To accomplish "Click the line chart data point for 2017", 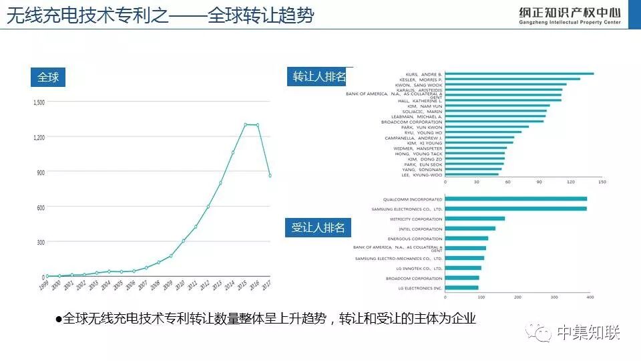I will pyautogui.click(x=270, y=176).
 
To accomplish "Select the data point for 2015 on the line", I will pyautogui.click(x=246, y=124).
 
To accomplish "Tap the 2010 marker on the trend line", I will pyautogui.click(x=184, y=241).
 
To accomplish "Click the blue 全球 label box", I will pyautogui.click(x=48, y=78).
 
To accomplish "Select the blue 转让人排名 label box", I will pyautogui.click(x=319, y=77).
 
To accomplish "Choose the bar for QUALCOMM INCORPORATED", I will pyautogui.click(x=515, y=199).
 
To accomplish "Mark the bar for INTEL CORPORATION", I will pyautogui.click(x=470, y=229).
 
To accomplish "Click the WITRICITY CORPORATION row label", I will pyautogui.click(x=416, y=219).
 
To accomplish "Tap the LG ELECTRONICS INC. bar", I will pyautogui.click(x=461, y=288).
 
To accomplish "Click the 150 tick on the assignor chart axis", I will pyautogui.click(x=602, y=182).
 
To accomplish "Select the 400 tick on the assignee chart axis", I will pyautogui.click(x=590, y=296).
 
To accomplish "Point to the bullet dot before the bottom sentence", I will pyautogui.click(x=58, y=320).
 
